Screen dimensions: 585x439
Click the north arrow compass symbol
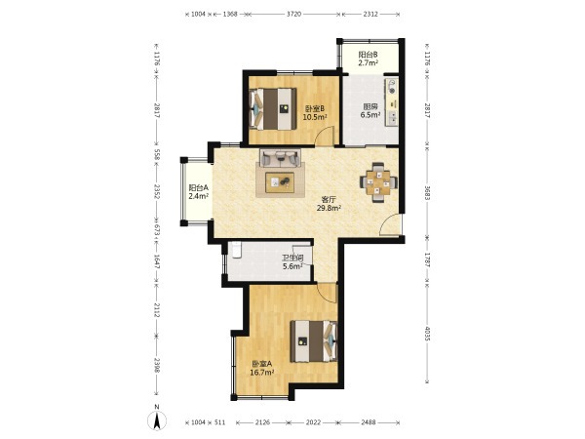coord(157,420)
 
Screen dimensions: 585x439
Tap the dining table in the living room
coord(378,182)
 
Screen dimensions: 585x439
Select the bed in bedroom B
coord(273,109)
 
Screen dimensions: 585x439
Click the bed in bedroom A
coord(314,341)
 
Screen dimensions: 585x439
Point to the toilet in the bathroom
coord(237,250)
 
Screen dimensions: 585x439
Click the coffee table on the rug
coord(280,182)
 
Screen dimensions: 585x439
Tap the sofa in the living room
coord(280,158)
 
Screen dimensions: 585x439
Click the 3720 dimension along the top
coord(293,15)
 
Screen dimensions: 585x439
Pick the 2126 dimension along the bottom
coord(263,422)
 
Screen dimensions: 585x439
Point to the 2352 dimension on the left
coord(157,191)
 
